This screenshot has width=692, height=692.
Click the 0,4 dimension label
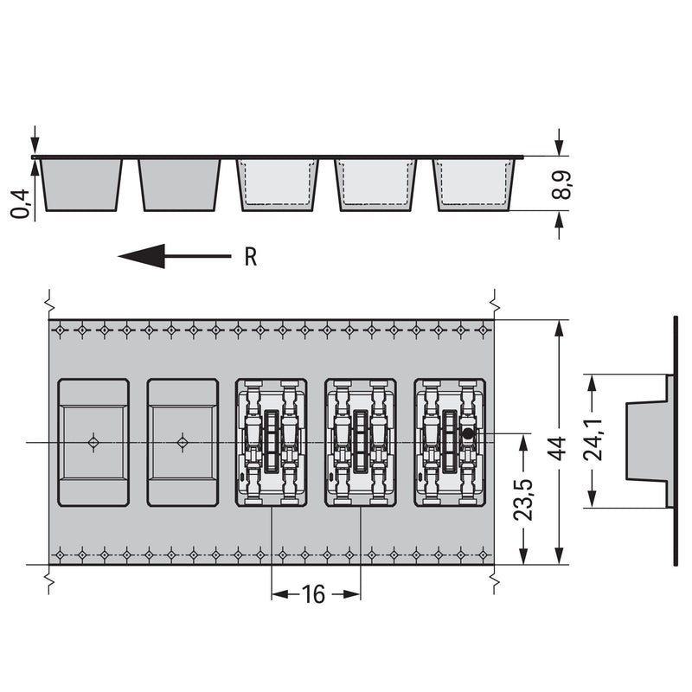(20, 203)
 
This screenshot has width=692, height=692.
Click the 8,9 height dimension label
(561, 185)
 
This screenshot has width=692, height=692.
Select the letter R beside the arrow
(251, 257)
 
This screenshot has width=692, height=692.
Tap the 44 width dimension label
(558, 448)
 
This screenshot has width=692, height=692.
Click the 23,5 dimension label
(524, 499)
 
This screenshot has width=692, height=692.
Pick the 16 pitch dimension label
(313, 594)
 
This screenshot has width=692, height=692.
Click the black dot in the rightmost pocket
(468, 434)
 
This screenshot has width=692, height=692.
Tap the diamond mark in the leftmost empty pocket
(93, 442)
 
